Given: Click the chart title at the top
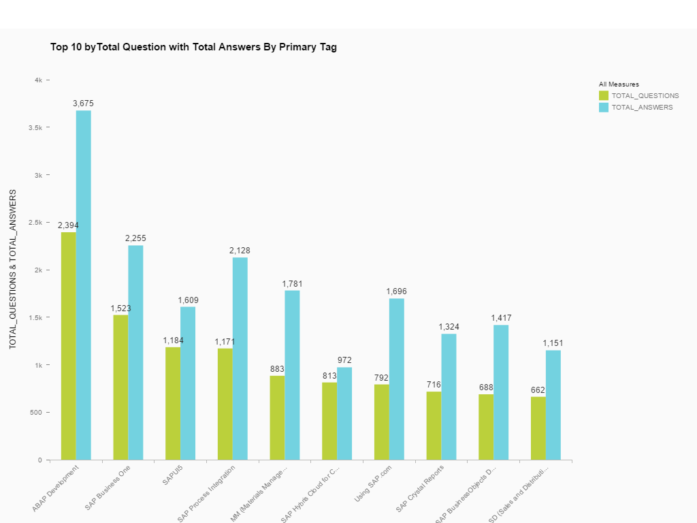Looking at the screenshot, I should [x=193, y=47].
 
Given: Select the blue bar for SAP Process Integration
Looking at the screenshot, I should [x=240, y=358].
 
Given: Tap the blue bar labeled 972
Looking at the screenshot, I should [x=344, y=413].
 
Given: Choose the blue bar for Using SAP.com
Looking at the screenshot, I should [x=396, y=379].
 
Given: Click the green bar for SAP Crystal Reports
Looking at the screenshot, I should [x=434, y=426].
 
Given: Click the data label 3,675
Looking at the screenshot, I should [x=83, y=104].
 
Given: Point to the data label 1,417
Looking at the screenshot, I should [x=501, y=318].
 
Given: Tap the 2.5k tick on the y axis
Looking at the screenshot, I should [x=35, y=223].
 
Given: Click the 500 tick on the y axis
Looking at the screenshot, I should [x=35, y=413].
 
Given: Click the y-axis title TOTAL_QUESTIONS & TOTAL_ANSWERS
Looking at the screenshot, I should [x=12, y=270].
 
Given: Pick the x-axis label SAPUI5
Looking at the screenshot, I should [x=172, y=474].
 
